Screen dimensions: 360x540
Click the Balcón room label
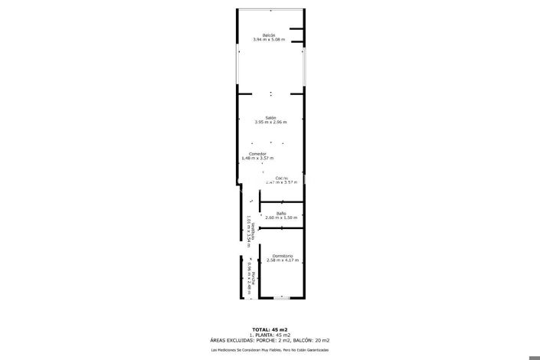pos(269,35)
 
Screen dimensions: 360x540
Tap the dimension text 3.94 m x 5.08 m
pos(269,40)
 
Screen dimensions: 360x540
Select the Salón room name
pos(270,117)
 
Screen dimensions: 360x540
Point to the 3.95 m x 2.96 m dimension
pos(270,122)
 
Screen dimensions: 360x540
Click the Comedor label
pos(257,153)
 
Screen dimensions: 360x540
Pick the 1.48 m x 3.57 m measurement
pos(257,158)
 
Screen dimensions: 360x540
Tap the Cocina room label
pos(281,178)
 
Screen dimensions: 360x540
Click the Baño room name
pos(281,213)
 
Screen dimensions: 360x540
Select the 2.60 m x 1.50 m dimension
pos(281,218)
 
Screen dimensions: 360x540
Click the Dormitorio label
pos(282,256)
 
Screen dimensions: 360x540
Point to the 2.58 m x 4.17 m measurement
pos(282,260)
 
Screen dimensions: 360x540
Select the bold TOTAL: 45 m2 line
pos(270,329)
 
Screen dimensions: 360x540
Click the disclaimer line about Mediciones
pos(270,350)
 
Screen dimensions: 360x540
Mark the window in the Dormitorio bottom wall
pos(282,296)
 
